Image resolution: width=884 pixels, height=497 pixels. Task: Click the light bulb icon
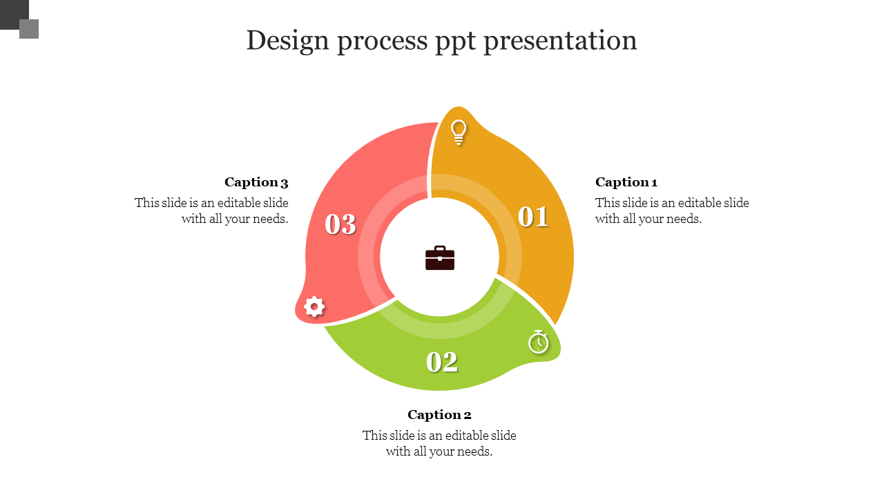[458, 133]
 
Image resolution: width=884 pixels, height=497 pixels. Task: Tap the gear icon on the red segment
[314, 306]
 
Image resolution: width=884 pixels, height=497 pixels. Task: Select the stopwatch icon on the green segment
[538, 342]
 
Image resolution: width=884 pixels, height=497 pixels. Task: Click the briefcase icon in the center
[440, 258]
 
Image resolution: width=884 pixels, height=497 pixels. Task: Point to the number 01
[533, 217]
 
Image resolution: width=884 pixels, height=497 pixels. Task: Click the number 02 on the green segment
[442, 362]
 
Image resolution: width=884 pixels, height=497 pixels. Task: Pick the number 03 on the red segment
[340, 224]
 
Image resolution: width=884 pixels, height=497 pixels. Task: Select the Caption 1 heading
[626, 182]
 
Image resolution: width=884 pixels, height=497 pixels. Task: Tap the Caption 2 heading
[439, 415]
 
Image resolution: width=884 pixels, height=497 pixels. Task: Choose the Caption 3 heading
[256, 182]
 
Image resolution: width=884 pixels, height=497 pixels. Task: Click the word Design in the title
[288, 41]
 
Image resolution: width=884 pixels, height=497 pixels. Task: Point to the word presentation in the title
[560, 41]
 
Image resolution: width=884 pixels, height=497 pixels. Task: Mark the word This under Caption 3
[146, 203]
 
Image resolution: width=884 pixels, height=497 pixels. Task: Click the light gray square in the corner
[29, 29]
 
